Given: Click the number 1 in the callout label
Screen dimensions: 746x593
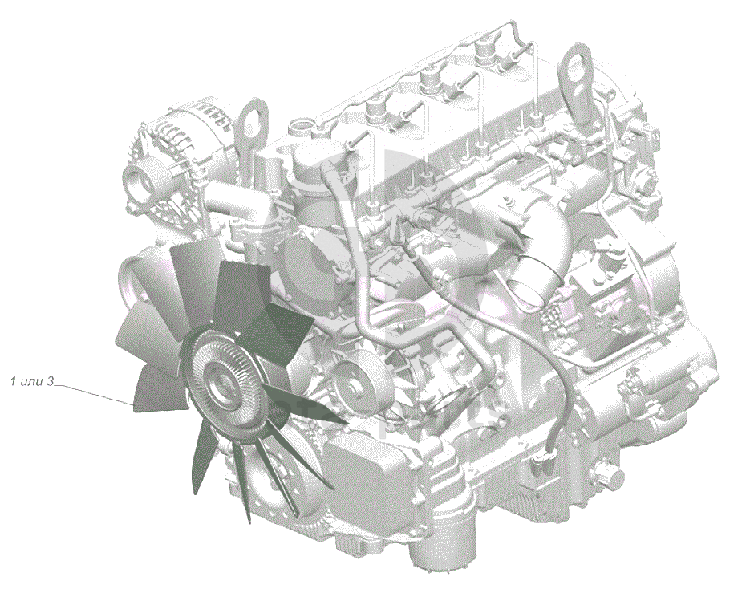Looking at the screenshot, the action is pyautogui.click(x=14, y=381).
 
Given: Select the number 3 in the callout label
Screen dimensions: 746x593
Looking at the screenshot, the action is pyautogui.click(x=51, y=381).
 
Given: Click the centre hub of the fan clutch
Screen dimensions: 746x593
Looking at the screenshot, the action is pyautogui.click(x=220, y=382).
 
